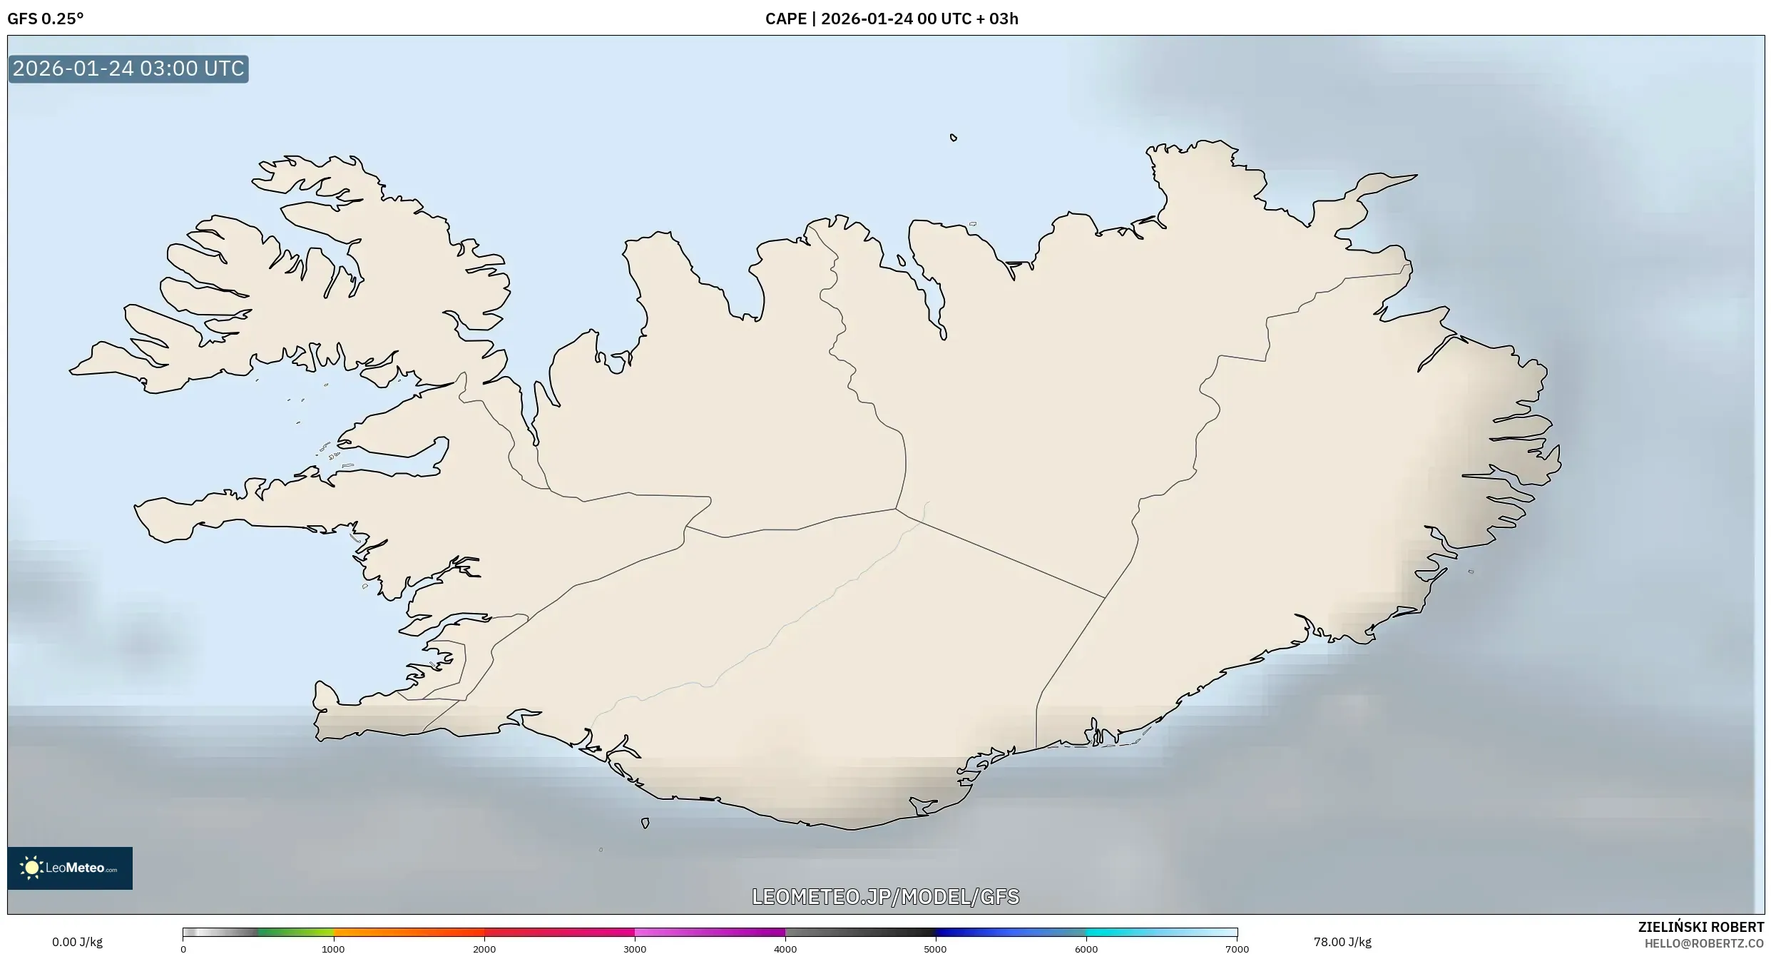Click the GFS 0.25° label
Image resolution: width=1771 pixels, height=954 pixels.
46,19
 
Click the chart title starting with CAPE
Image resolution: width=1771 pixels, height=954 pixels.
892,19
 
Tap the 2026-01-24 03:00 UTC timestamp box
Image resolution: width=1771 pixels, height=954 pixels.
128,68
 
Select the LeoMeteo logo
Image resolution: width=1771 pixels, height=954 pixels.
70,868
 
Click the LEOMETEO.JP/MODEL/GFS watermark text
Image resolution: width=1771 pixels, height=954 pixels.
886,897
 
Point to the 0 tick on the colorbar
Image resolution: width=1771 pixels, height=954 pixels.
183,949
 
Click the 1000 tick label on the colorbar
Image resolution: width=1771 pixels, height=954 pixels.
333,949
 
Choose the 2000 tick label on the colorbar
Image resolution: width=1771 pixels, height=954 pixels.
484,949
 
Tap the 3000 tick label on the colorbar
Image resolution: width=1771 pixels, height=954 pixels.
635,949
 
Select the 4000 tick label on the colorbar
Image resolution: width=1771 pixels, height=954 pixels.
785,949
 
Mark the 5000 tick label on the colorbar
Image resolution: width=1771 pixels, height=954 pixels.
936,949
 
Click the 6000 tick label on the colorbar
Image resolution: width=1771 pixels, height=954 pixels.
1086,949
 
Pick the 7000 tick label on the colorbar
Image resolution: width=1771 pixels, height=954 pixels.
1237,949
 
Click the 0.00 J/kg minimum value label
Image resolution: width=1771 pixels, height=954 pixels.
77,942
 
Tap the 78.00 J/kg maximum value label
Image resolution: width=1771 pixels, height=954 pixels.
1342,942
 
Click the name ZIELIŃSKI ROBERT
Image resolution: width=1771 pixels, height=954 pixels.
1701,927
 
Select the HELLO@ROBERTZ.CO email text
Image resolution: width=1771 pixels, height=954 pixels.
1704,943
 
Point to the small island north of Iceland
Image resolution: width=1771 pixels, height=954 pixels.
954,138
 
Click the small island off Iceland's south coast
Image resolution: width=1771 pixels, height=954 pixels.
645,823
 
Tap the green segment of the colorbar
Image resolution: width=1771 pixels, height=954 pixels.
296,932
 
